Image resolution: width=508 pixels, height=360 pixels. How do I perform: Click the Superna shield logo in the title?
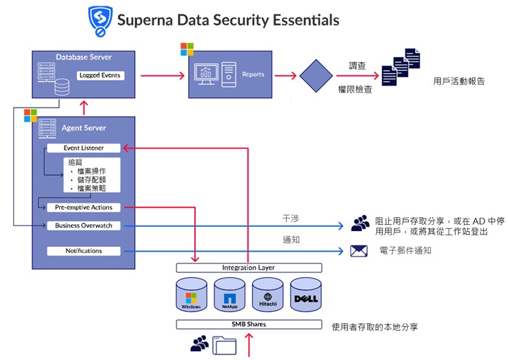coord(101,21)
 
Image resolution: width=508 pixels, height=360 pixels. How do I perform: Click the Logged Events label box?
coord(100,75)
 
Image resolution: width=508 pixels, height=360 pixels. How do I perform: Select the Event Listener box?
coord(83,148)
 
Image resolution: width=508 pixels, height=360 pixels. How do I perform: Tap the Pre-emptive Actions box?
coord(83,207)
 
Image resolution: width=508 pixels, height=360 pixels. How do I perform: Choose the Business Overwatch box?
coord(83,226)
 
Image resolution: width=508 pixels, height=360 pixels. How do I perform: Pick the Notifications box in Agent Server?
coord(83,251)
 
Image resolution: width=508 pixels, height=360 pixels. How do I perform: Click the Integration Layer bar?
coord(248,268)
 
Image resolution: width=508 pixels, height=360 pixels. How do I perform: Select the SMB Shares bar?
coord(248,324)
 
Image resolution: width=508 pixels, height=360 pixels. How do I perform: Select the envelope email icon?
coord(358,251)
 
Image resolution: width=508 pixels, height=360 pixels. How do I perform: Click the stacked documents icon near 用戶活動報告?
coord(401,67)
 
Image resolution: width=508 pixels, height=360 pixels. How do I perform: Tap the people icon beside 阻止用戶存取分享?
coord(360,223)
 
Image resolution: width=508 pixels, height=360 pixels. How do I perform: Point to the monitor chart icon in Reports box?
coord(207,74)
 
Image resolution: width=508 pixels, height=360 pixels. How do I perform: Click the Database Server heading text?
coord(83,57)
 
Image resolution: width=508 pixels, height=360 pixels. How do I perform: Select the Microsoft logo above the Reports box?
coord(187,49)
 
